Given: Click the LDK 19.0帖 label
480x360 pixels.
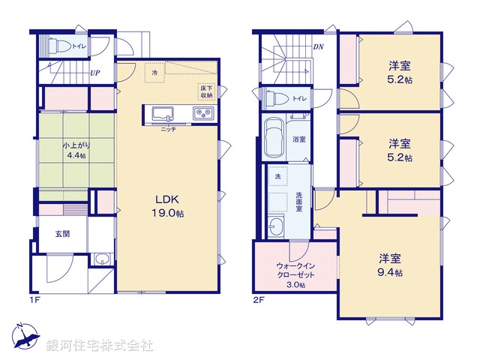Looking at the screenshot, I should [169, 206].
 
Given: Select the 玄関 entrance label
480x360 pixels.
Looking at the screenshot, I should [62, 234].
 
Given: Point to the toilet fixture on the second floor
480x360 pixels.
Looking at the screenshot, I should [274, 97].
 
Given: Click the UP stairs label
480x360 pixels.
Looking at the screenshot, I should [95, 73].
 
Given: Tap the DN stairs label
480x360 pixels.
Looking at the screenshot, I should [318, 46].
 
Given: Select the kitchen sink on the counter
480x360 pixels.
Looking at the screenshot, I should [163, 114].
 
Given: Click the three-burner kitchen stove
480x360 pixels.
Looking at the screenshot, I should [203, 114].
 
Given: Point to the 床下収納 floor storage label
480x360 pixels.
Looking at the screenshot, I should [206, 91].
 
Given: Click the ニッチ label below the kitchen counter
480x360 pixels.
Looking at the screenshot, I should [169, 130].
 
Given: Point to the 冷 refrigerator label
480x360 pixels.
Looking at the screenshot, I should [154, 73].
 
